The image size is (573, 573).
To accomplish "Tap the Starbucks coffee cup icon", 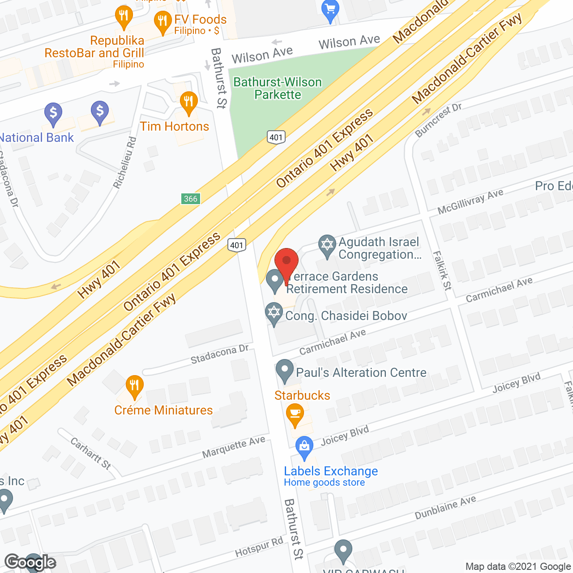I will point(295,414).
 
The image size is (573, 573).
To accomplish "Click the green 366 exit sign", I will point(191,199).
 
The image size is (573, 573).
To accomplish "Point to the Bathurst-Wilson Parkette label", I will point(278,88).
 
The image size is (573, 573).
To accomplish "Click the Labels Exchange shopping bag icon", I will point(304,447).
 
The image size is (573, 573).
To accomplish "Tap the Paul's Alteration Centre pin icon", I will point(284,370).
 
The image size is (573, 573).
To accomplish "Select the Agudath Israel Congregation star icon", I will point(327,245).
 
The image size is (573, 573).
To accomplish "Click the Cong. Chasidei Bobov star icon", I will point(274,313).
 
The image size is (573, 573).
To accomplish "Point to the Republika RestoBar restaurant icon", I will point(124,16).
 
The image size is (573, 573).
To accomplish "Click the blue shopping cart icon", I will point(330,9).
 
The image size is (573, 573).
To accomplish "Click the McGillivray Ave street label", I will point(470,201).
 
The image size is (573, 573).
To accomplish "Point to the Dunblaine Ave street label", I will point(445,508).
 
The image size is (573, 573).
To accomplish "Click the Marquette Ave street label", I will point(233,447).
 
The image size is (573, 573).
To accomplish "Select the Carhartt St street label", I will point(91,453).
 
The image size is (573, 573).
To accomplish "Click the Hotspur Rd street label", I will point(259,547).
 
